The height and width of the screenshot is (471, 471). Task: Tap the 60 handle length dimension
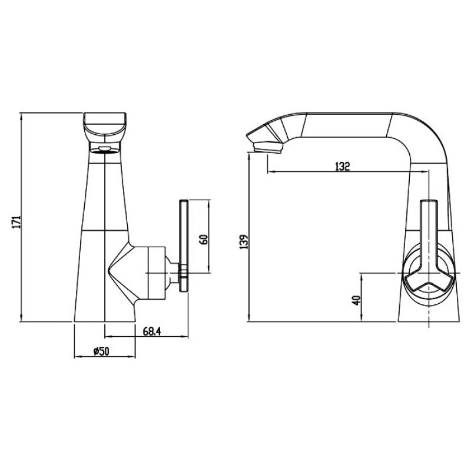click(x=204, y=240)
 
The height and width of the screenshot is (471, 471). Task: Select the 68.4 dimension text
click(x=152, y=331)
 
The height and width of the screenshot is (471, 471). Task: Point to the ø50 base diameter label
click(x=101, y=351)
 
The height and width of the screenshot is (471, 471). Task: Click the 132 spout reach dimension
click(x=343, y=166)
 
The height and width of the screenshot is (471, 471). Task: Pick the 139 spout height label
click(x=244, y=242)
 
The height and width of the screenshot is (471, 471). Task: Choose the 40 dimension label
click(x=357, y=300)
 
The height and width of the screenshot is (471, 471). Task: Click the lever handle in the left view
click(x=184, y=246)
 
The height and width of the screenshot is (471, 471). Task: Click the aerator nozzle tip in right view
click(x=268, y=148)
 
